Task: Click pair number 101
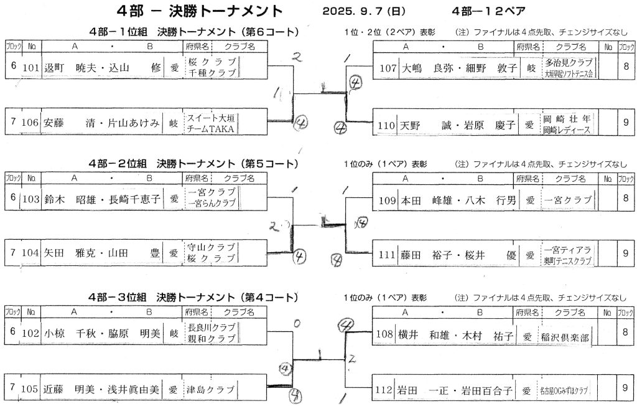(31, 68)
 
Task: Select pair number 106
(31, 123)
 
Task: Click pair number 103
(31, 200)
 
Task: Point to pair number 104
(31, 254)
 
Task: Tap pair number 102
(31, 333)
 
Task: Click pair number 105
(31, 390)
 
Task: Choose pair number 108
(387, 334)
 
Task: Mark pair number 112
(387, 390)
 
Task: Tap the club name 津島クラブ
(210, 390)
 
